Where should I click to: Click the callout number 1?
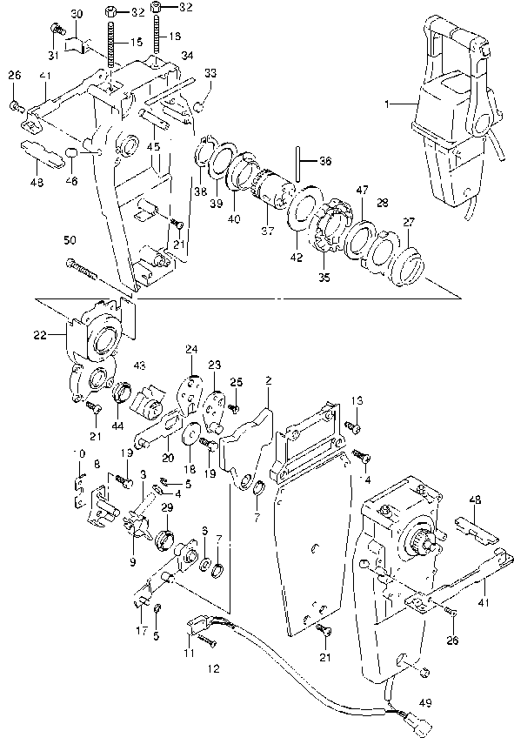coord(391,104)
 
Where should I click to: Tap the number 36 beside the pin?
coord(324,160)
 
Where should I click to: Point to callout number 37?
coord(266,232)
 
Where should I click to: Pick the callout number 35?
coord(324,278)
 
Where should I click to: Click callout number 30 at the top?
coord(76,14)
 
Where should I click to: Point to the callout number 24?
coord(191,350)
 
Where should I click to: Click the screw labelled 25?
coord(233,406)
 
